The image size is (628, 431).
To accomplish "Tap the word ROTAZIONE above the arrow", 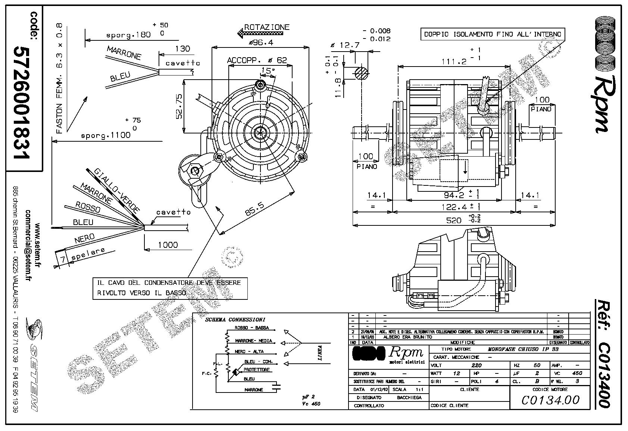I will (266, 27).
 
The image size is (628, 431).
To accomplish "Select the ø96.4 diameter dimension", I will (261, 43).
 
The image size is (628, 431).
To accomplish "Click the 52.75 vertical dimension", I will (179, 107).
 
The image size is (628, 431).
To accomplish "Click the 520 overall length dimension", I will (454, 220).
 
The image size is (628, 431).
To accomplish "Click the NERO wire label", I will (84, 239).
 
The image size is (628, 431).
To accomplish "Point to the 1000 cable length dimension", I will (168, 245).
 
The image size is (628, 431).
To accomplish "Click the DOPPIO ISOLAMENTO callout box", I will (493, 34).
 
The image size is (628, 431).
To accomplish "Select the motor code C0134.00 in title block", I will (550, 400).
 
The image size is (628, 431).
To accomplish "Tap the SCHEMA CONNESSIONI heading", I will (235, 320).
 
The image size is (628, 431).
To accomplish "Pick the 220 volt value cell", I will (477, 365).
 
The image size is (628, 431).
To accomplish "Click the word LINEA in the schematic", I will (320, 353).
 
